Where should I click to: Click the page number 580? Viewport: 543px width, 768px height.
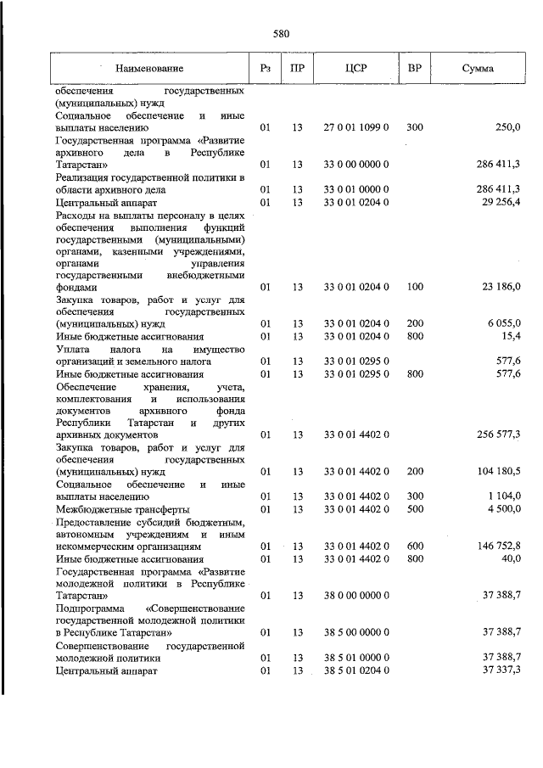pos(282,35)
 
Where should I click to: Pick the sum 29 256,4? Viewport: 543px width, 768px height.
pos(497,201)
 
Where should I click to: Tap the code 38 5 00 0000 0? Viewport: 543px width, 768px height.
pos(355,632)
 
